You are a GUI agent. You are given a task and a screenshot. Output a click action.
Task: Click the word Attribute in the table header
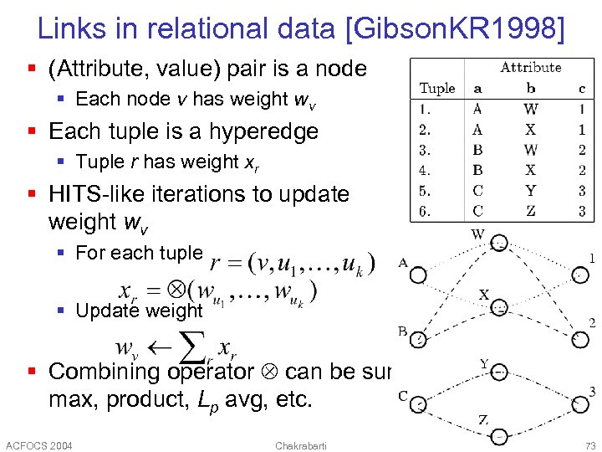[530, 68]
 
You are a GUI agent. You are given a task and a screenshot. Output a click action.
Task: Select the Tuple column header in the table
[436, 88]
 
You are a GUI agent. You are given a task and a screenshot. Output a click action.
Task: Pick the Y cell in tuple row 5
[531, 191]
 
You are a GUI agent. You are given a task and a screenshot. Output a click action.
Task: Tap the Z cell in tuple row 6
[531, 211]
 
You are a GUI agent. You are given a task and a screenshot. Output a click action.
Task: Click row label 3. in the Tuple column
[426, 151]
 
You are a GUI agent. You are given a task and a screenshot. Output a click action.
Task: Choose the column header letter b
[531, 88]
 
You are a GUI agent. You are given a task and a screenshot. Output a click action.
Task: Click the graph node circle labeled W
[499, 244]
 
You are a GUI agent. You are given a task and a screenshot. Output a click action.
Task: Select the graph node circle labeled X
[499, 308]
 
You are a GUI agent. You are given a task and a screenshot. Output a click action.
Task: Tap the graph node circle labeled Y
[499, 372]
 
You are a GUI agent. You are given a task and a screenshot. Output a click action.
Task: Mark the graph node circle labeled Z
[499, 435]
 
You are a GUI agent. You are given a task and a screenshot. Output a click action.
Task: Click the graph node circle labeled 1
[579, 275]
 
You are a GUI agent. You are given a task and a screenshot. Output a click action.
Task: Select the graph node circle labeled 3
[579, 404]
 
